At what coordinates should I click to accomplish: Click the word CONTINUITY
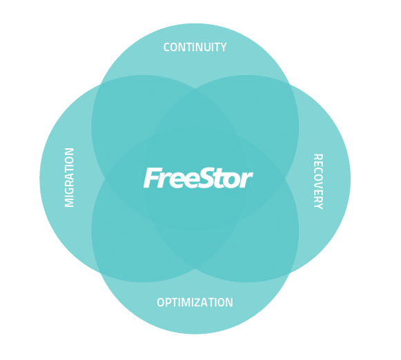[195, 48]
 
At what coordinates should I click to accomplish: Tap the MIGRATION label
[69, 177]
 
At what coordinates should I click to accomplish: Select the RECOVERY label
[318, 181]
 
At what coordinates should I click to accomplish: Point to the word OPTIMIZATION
[195, 302]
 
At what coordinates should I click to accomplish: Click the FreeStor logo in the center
[198, 178]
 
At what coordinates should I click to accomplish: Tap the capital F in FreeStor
[151, 178]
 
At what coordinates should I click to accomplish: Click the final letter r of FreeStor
[247, 180]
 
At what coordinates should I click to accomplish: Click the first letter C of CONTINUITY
[167, 48]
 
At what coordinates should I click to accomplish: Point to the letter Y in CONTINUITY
[223, 48]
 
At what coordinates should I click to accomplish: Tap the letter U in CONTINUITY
[204, 48]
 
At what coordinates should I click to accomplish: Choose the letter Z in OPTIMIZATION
[199, 302]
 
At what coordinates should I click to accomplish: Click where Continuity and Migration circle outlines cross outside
[101, 84]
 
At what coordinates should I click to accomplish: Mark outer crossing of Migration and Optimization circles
[101, 273]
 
